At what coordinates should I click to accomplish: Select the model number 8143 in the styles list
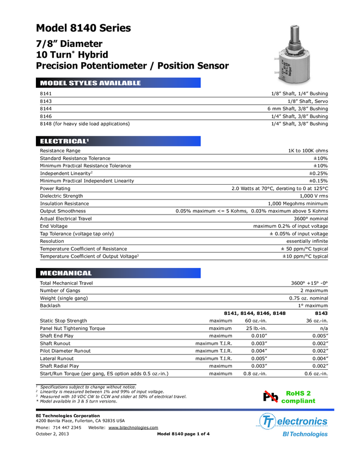tap(46, 101)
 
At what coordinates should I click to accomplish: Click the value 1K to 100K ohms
tap(308, 150)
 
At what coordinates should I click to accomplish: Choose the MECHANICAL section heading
tap(66, 273)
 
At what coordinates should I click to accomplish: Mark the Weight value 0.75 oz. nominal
tap(308, 298)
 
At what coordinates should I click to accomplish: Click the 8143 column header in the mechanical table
tap(321, 313)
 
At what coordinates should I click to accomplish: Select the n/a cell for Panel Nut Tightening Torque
tap(324, 328)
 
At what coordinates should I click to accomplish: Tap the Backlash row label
tap(50, 306)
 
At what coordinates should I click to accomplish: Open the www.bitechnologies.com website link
tap(133, 428)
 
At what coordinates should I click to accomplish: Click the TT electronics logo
tap(294, 421)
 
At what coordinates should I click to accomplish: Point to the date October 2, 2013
tap(53, 434)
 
